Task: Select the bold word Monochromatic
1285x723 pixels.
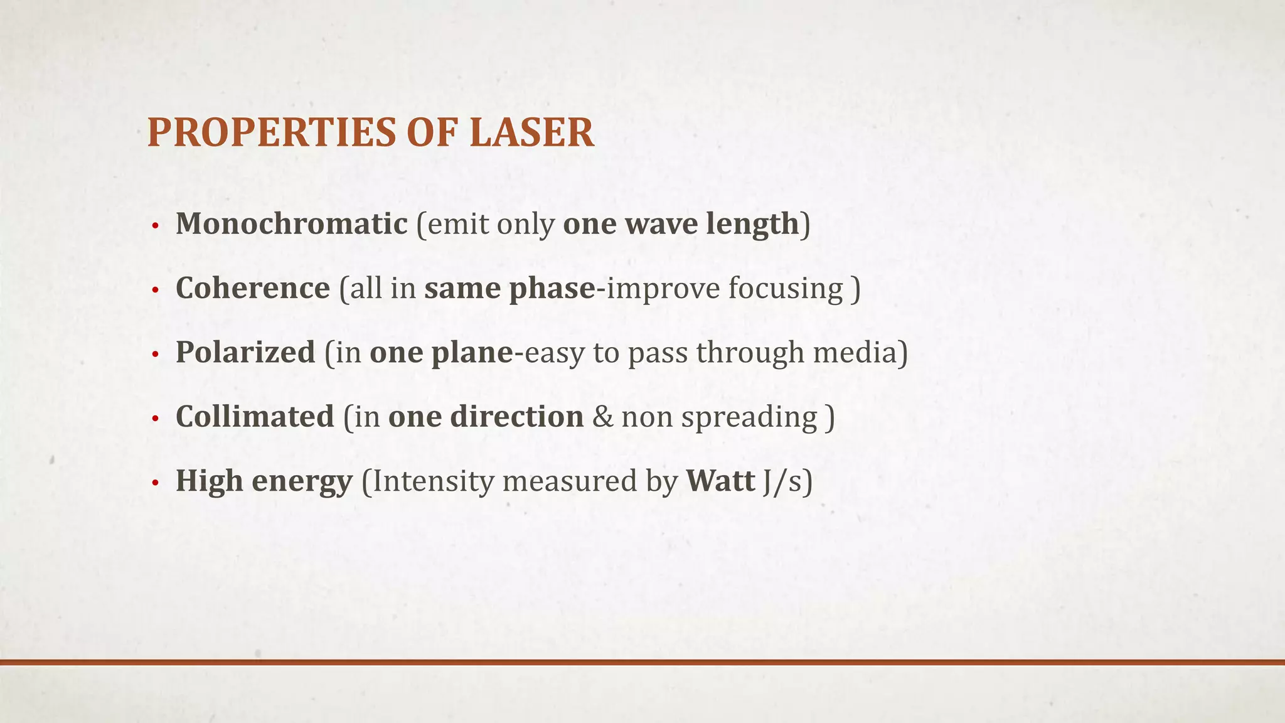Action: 292,224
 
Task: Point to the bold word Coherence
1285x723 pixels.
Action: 253,288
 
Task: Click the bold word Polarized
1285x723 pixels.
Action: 245,352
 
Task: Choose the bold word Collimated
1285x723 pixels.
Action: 255,417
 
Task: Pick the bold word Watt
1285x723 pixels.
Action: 720,481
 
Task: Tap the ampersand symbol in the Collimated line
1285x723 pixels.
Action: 602,417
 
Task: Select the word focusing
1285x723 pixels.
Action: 786,289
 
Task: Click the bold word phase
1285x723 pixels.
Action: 552,289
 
